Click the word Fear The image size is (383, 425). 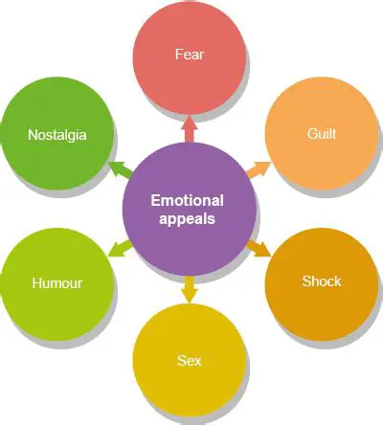(x=190, y=55)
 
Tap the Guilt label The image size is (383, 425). (x=322, y=136)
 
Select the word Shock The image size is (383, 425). (x=322, y=281)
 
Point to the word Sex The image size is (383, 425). (x=190, y=361)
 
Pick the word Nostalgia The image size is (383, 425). (x=57, y=135)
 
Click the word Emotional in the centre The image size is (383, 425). (x=190, y=200)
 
